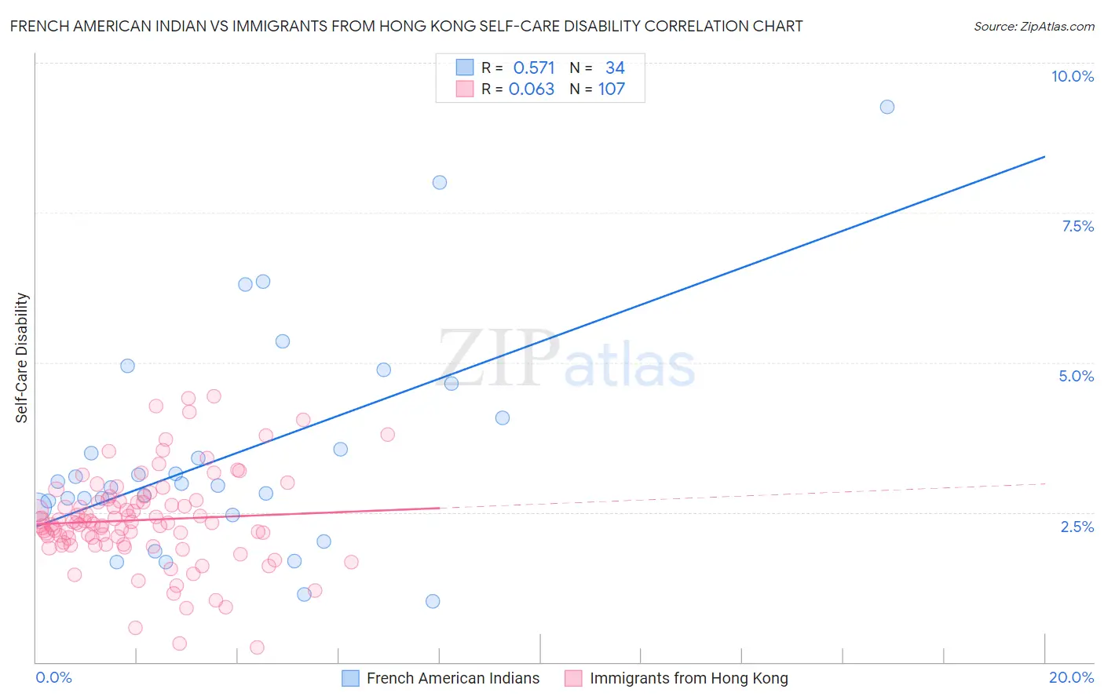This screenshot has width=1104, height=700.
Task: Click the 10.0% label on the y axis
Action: point(1072,76)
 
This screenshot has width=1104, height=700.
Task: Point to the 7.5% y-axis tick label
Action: point(1077,226)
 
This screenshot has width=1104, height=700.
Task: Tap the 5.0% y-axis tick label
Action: point(1076,376)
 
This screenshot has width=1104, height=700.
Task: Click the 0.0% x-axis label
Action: point(53,677)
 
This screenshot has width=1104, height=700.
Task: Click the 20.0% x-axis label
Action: point(1071,677)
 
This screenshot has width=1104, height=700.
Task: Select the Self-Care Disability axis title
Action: point(22,358)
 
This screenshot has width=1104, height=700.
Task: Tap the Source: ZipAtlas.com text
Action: point(1033,26)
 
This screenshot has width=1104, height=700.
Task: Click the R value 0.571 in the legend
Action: point(533,68)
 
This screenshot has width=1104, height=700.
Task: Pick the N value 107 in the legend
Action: point(612,89)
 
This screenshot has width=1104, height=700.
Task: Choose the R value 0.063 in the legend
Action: point(532,89)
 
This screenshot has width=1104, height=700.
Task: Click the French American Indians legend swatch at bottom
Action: point(350,678)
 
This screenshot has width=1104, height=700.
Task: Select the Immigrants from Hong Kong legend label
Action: point(689,678)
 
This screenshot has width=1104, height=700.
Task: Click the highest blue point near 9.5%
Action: point(886,107)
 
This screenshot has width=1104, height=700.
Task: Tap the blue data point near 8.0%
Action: point(440,182)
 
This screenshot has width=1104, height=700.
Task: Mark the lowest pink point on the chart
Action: point(257,647)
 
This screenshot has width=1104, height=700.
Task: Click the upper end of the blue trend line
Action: point(1044,157)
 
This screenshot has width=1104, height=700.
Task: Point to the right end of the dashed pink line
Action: point(1044,483)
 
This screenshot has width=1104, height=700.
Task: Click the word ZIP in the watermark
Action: point(498,359)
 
